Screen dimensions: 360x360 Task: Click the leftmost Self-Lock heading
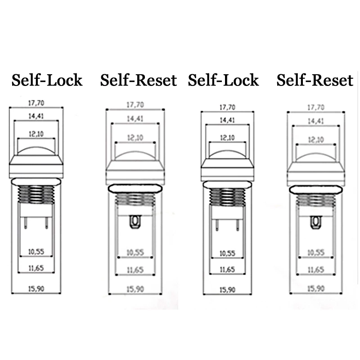pyautogui.click(x=47, y=80)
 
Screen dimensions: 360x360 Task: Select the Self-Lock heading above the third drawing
pyautogui.click(x=224, y=80)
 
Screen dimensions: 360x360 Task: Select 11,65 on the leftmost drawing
pyautogui.click(x=36, y=269)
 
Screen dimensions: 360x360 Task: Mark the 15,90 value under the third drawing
pyautogui.click(x=227, y=289)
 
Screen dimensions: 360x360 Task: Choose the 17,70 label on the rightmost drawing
pyautogui.click(x=315, y=107)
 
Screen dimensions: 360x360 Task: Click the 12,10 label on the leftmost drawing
pyautogui.click(x=36, y=134)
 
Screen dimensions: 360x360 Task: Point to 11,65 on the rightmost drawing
pyautogui.click(x=315, y=270)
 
